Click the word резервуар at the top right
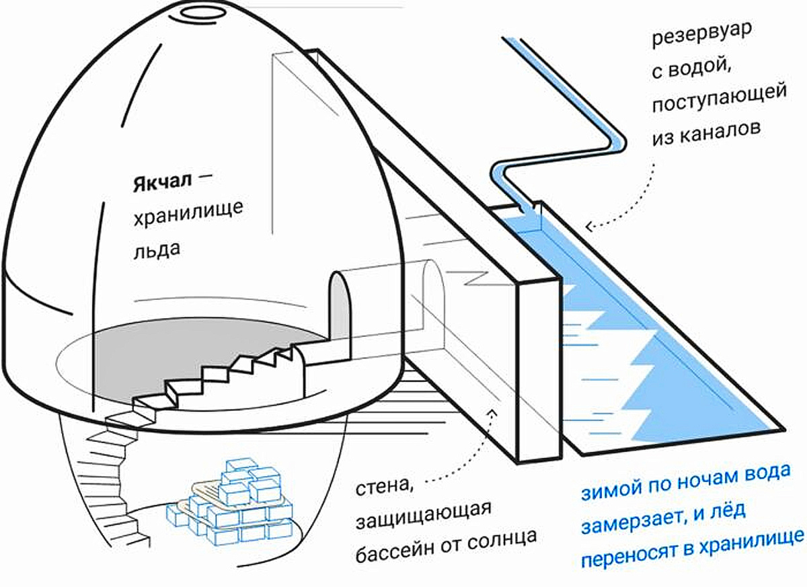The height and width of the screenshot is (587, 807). point(711,35)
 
